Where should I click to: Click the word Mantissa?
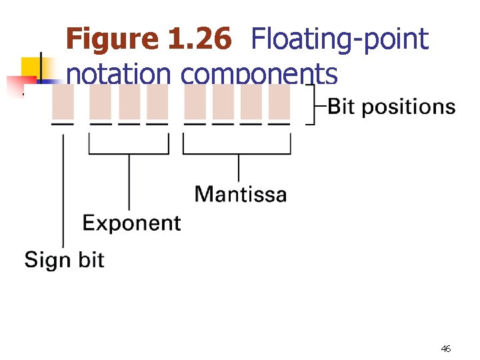click(241, 194)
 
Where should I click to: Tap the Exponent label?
click(131, 223)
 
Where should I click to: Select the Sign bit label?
click(64, 259)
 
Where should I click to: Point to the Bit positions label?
click(392, 107)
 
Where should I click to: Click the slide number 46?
click(446, 349)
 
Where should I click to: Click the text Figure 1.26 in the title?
click(149, 39)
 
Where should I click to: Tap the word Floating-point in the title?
click(339, 39)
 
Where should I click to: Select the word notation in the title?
click(119, 74)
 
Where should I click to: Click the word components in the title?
click(259, 74)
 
